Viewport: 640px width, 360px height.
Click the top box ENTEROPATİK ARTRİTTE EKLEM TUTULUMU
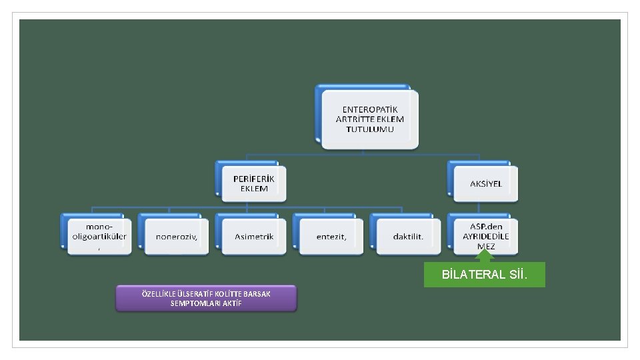pos(369,119)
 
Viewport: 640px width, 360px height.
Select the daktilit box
pos(408,237)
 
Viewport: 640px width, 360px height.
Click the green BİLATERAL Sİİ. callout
pos(485,275)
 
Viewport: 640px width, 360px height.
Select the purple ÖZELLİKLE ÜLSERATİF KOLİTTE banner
pos(206,299)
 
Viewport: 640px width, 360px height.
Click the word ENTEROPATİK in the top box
pos(369,109)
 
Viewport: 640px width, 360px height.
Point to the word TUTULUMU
pos(369,129)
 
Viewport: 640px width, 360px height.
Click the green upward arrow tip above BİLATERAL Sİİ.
pos(486,252)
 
